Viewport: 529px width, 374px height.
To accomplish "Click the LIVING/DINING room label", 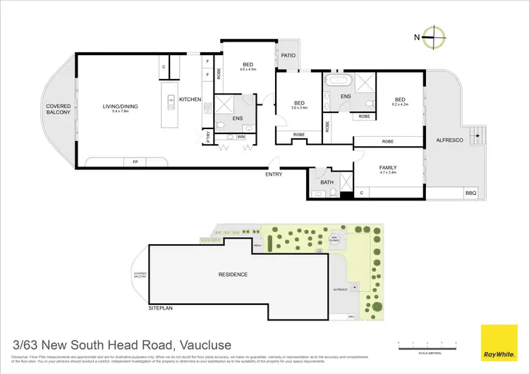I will tap(120, 107).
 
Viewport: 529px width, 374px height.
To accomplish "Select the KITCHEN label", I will tap(190, 99).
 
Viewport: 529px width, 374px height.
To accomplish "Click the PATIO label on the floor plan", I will tap(287, 55).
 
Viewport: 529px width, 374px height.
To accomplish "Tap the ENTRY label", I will tap(274, 174).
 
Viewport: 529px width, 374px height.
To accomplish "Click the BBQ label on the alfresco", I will tap(470, 193).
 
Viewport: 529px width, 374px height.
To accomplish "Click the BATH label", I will tap(327, 182).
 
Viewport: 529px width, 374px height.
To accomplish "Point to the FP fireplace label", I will tap(135, 162).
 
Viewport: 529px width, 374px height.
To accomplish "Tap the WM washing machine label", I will tap(241, 136).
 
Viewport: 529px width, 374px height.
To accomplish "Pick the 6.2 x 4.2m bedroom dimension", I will tap(400, 105).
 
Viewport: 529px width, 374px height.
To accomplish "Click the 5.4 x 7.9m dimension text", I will tap(120, 112).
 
